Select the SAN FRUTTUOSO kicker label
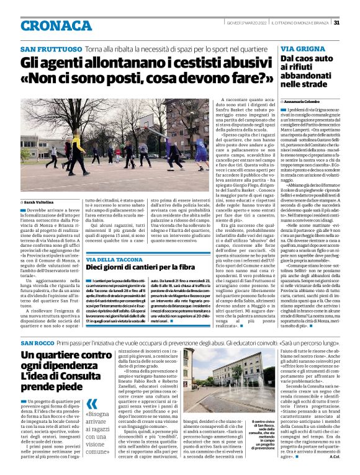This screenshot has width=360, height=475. pyautogui.click(x=51, y=48)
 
